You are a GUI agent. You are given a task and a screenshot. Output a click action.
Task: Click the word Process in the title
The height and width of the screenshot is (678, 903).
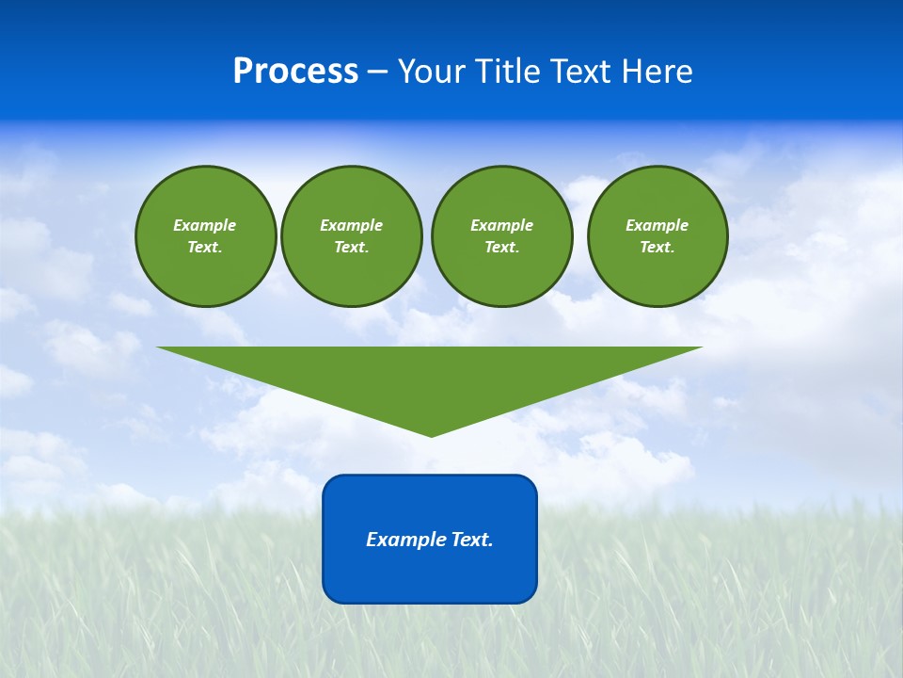[295, 72]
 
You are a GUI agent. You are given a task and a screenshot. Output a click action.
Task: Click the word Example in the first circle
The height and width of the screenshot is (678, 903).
[205, 225]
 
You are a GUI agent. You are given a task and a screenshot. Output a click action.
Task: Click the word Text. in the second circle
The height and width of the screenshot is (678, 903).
[351, 248]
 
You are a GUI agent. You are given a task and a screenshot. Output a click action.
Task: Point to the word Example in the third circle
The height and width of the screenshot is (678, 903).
[501, 225]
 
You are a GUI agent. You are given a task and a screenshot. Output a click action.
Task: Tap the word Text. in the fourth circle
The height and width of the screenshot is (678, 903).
[657, 248]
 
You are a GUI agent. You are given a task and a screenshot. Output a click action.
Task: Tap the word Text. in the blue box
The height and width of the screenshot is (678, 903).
[471, 540]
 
